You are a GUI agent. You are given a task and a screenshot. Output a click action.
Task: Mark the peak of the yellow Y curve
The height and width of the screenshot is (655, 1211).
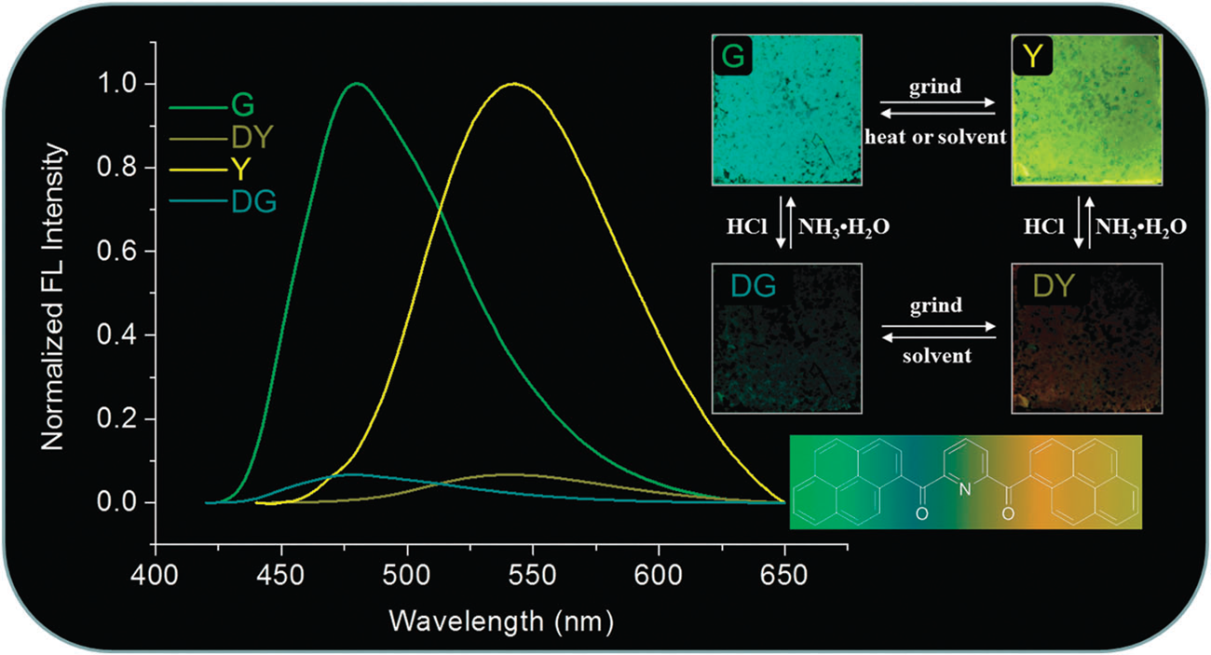pyautogui.click(x=511, y=84)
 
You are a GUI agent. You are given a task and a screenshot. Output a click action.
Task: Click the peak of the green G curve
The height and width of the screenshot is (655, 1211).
pyautogui.click(x=356, y=84)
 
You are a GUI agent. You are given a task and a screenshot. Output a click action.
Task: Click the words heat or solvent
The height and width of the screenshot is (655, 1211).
pyautogui.click(x=934, y=138)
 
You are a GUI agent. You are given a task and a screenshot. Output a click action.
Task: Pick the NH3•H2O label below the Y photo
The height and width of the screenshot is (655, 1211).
pyautogui.click(x=1142, y=227)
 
